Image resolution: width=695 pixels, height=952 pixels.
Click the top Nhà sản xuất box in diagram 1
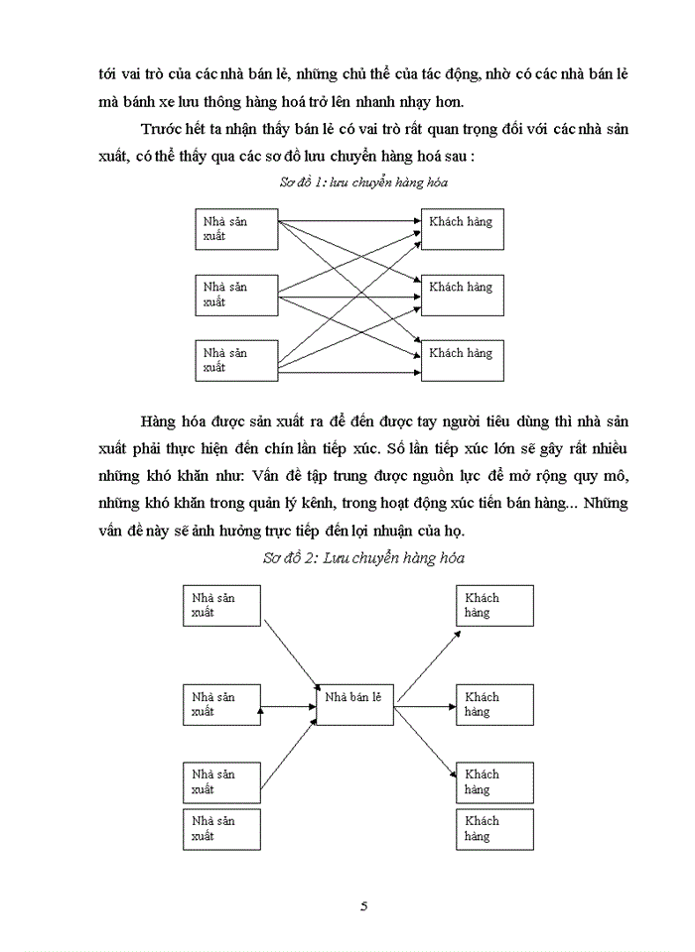pyautogui.click(x=237, y=229)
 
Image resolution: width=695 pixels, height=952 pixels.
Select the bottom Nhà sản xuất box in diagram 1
pyautogui.click(x=237, y=360)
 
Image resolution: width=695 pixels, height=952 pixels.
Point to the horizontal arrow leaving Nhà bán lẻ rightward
pyautogui.click(x=424, y=706)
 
